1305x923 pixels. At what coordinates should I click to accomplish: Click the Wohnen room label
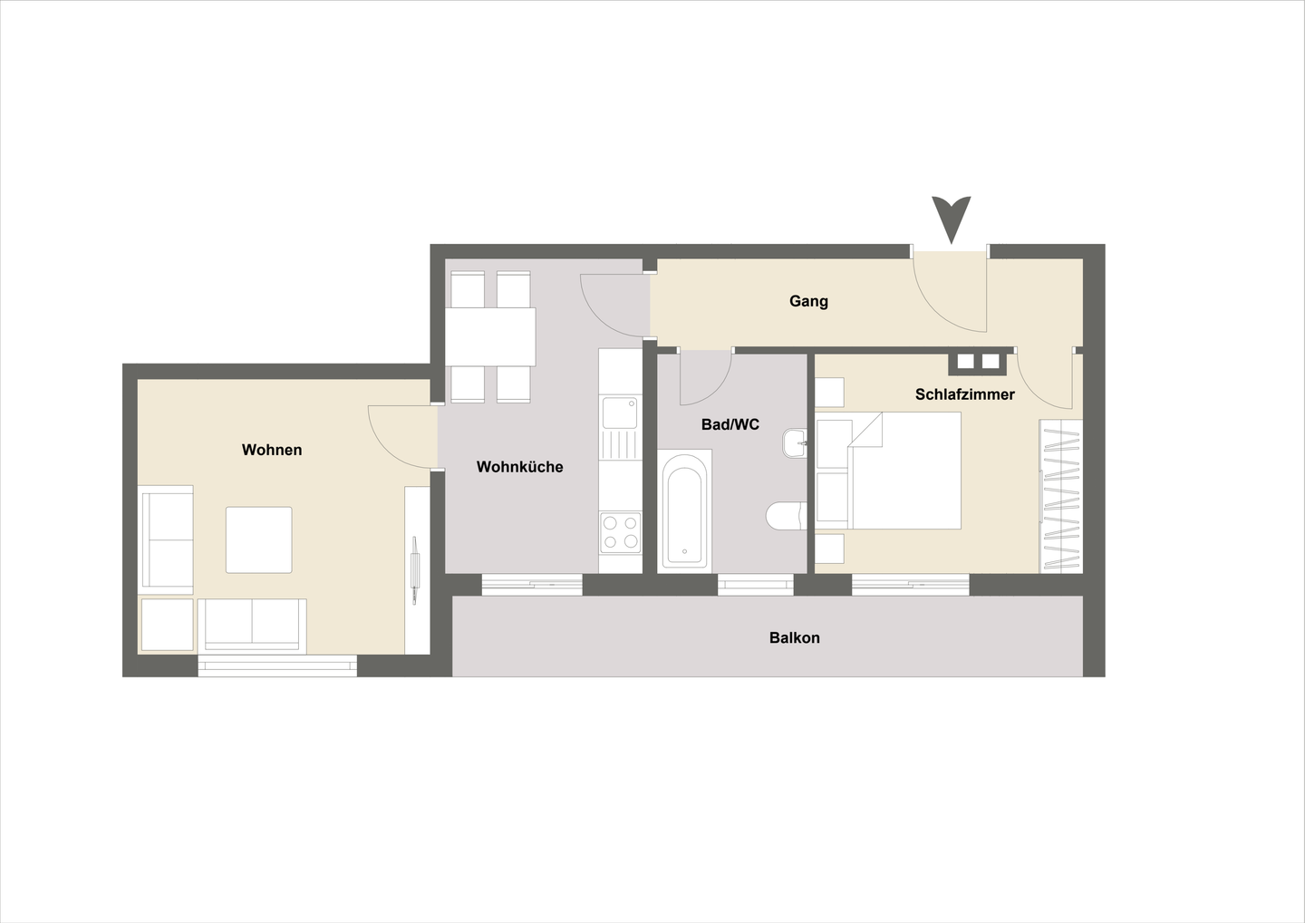coord(272,450)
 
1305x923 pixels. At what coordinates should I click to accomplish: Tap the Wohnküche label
coord(519,467)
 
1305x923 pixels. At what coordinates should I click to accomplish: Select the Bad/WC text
coord(730,424)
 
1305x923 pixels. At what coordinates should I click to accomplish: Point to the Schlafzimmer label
coord(964,394)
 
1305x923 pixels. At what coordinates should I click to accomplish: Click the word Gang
coord(808,301)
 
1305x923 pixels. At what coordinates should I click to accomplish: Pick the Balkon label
coord(794,637)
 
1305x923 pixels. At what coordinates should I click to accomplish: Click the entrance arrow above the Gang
coord(951,219)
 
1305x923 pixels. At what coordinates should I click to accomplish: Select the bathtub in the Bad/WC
coord(684,511)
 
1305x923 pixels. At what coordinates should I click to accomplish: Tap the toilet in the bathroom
coord(785,516)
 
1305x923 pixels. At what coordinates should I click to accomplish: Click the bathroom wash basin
coord(795,443)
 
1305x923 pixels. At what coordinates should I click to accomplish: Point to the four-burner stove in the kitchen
coord(620,532)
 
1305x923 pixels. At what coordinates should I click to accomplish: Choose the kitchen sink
coord(620,413)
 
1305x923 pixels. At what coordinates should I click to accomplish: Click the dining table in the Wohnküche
coord(489,336)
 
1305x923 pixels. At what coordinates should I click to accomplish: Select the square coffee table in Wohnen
coord(259,539)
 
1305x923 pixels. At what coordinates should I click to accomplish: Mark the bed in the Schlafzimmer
coord(904,471)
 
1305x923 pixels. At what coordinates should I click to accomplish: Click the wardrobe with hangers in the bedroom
coord(1061,496)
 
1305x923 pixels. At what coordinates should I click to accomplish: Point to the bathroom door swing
coord(704,376)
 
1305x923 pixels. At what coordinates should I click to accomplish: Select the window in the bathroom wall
coord(756,585)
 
